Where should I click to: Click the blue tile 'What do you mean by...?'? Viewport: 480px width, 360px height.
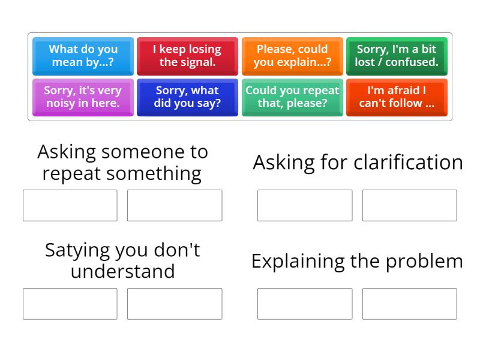click(x=83, y=56)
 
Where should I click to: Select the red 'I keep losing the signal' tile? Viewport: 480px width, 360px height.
click(x=187, y=56)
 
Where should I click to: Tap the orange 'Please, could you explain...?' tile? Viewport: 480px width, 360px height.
click(x=292, y=56)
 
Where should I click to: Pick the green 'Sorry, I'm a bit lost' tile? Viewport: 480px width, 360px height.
click(x=397, y=56)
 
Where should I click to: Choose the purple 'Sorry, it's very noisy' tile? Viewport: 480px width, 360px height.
click(x=83, y=97)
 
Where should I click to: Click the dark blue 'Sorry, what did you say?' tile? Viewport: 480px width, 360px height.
click(x=187, y=97)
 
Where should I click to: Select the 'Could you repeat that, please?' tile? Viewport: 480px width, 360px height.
click(x=292, y=97)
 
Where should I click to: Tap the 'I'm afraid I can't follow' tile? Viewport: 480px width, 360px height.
click(x=397, y=97)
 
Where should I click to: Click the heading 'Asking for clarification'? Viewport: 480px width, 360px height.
click(x=358, y=163)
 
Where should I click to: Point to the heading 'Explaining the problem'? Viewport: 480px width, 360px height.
click(x=357, y=261)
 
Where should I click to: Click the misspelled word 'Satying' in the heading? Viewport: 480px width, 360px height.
click(x=77, y=250)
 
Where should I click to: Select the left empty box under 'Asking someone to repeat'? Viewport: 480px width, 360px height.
click(x=70, y=205)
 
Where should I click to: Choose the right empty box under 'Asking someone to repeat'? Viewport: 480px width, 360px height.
click(x=175, y=205)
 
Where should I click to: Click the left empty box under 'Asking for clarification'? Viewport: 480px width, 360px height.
click(x=305, y=205)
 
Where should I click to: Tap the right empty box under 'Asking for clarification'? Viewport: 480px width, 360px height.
click(x=409, y=205)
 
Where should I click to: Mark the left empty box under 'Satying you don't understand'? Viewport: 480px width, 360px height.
click(x=70, y=304)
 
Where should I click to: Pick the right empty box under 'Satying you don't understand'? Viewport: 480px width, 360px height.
click(x=175, y=304)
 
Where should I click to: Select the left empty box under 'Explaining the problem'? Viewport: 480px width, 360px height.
click(x=305, y=304)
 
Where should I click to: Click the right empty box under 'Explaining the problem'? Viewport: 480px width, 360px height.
click(x=409, y=304)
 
